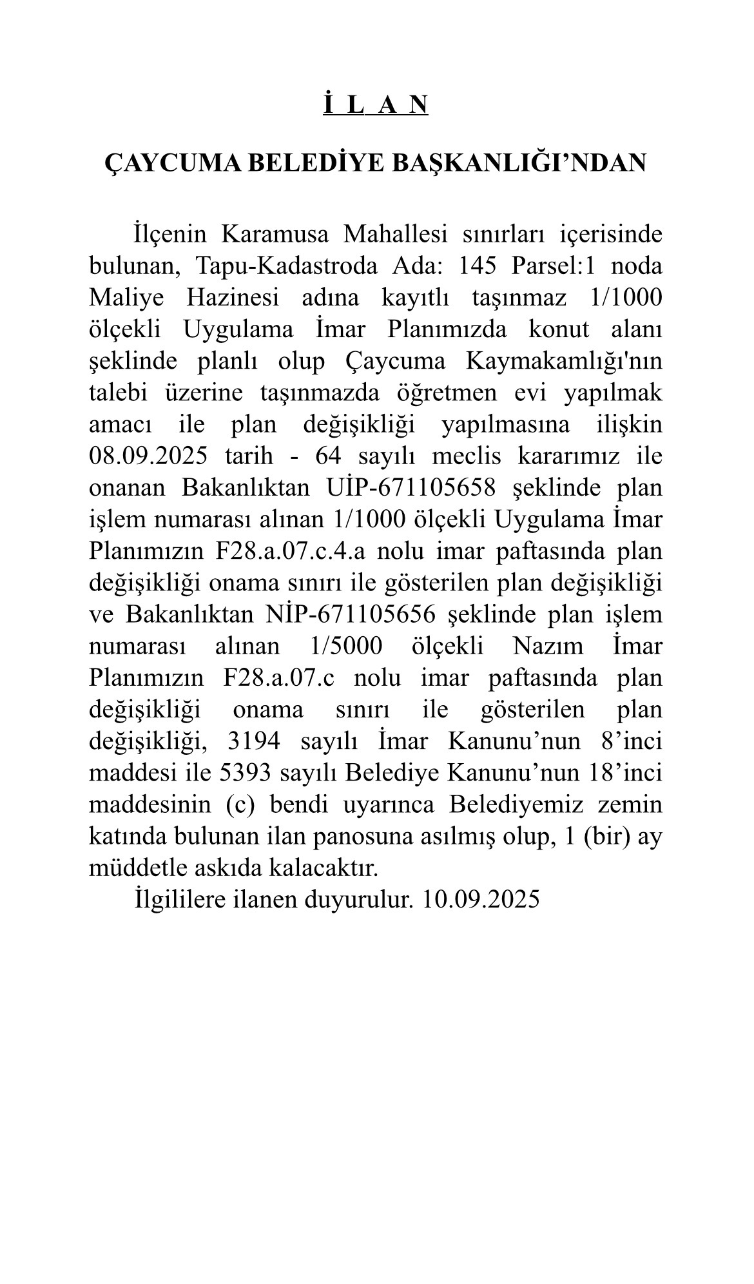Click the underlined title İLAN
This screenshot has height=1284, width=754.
[x=376, y=104]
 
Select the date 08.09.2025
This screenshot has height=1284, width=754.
[x=149, y=456]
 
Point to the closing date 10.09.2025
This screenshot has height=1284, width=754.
[x=481, y=899]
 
